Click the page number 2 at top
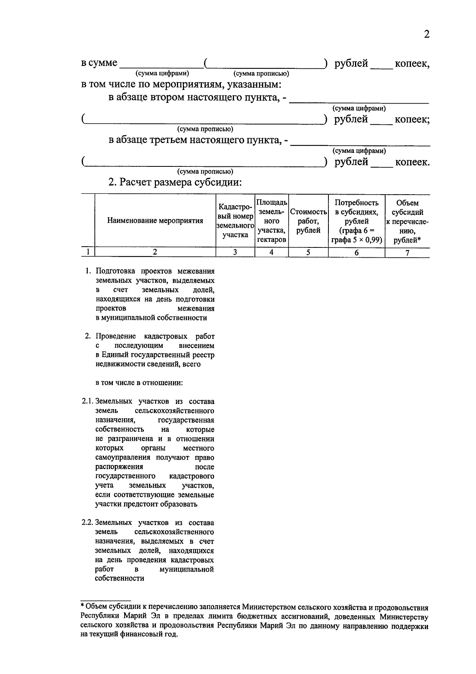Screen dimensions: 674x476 click(x=426, y=35)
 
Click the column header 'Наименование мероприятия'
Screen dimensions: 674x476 click(x=155, y=221)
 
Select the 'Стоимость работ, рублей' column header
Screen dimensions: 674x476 click(x=308, y=221)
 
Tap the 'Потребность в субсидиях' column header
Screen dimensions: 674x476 click(x=356, y=221)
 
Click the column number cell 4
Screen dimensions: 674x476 click(x=271, y=252)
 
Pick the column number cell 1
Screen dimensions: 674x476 click(x=88, y=252)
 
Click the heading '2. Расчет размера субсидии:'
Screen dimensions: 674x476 click(x=175, y=182)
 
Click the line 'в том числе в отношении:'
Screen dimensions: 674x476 click(x=139, y=383)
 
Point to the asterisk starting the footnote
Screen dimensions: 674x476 click(x=82, y=606)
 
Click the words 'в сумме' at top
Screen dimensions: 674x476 click(x=99, y=63)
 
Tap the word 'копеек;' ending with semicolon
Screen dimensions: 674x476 click(x=412, y=120)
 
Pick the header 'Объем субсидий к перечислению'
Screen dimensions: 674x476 click(x=407, y=221)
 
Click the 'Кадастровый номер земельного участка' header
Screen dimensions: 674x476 click(x=235, y=221)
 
